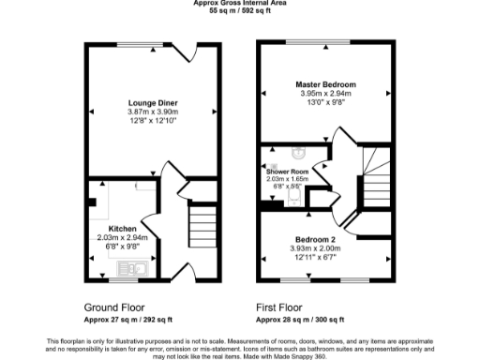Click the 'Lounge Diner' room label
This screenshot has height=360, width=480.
click(154, 102)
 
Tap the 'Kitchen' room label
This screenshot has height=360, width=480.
click(123, 229)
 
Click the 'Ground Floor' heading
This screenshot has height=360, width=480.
click(113, 307)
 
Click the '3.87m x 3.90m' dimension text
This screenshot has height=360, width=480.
click(154, 112)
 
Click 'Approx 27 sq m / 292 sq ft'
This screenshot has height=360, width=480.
click(124, 319)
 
